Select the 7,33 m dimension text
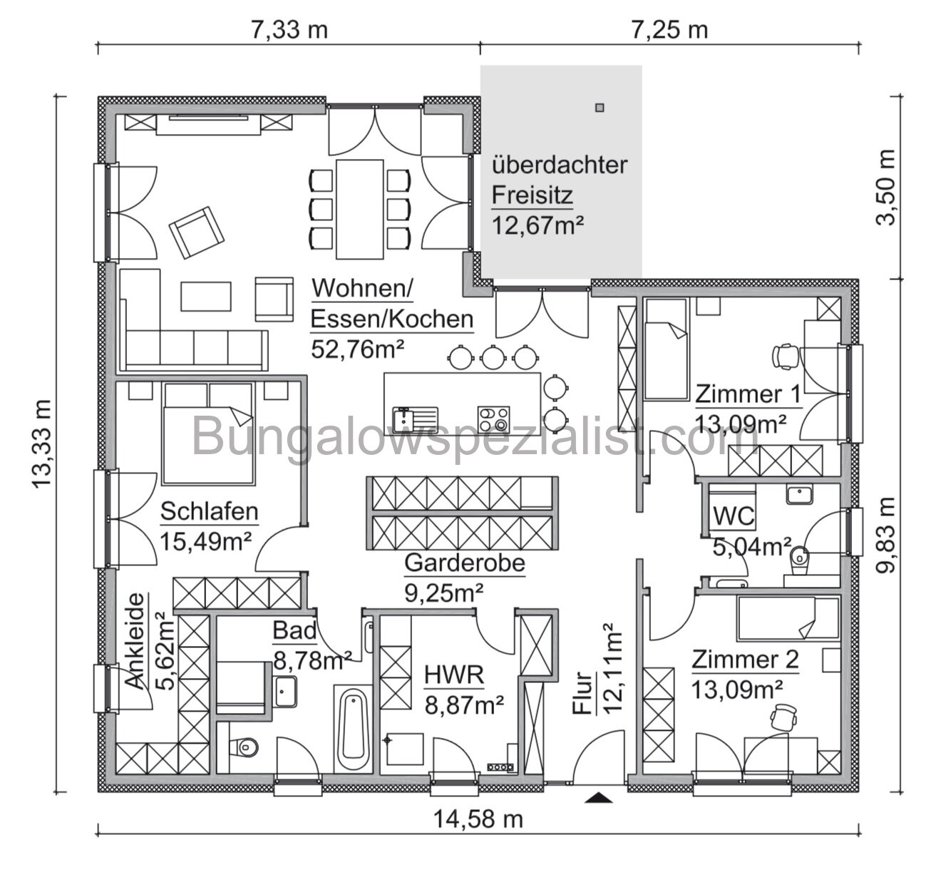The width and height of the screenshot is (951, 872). pyautogui.click(x=289, y=30)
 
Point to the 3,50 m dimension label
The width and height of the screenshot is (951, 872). pyautogui.click(x=886, y=188)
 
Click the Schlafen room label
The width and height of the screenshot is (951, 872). pyautogui.click(x=209, y=511)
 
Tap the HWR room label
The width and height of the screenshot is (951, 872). pyautogui.click(x=454, y=674)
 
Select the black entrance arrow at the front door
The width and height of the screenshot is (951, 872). pyautogui.click(x=598, y=798)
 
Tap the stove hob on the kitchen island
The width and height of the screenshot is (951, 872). pyautogui.click(x=493, y=416)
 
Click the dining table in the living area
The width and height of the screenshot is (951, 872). pyautogui.click(x=359, y=209)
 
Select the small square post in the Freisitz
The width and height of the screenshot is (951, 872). pyautogui.click(x=600, y=108)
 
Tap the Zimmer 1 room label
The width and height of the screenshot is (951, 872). pyautogui.click(x=748, y=394)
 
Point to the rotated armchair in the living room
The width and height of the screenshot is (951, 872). pyautogui.click(x=197, y=232)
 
